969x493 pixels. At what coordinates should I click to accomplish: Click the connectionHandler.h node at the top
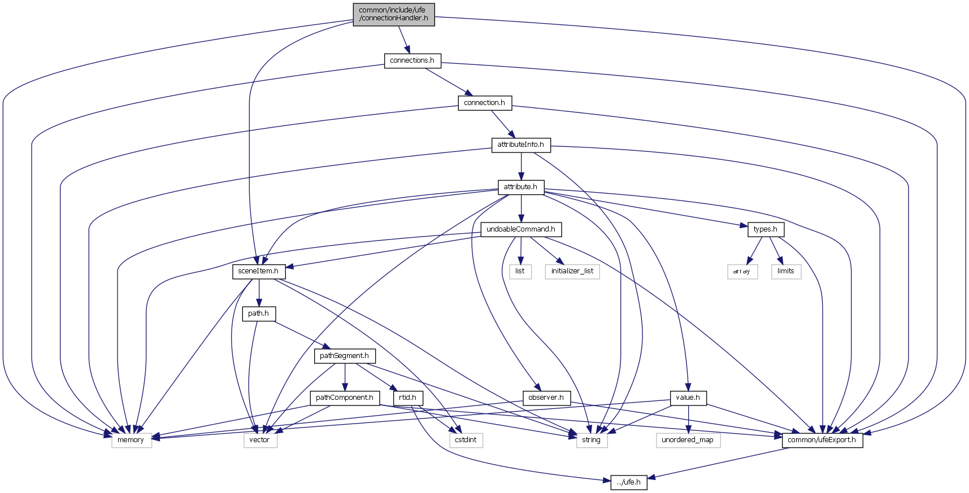tap(393, 14)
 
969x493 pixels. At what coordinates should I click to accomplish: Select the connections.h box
tap(412, 60)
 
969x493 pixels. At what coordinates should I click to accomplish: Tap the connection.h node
tap(484, 103)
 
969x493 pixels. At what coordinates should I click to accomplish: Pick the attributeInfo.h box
tap(520, 145)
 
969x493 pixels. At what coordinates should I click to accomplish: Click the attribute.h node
tap(520, 187)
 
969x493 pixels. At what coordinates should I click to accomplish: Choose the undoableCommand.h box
tap(520, 229)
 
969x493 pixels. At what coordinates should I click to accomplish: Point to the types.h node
tap(765, 229)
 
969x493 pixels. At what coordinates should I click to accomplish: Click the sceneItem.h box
tap(258, 271)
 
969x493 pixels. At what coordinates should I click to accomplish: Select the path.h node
tap(258, 313)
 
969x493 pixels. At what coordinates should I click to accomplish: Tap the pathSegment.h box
tap(344, 356)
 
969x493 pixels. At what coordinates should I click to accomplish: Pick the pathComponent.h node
tap(344, 398)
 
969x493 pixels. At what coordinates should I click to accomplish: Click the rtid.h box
tap(407, 398)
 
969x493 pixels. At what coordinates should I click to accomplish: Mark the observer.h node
tap(546, 398)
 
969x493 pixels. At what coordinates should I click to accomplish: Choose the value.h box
tap(688, 398)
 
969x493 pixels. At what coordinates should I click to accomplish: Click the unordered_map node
tap(688, 440)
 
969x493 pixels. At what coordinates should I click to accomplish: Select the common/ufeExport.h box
tap(822, 440)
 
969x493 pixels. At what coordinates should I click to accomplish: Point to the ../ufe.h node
tap(628, 482)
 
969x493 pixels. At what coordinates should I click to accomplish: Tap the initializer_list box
tap(572, 271)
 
